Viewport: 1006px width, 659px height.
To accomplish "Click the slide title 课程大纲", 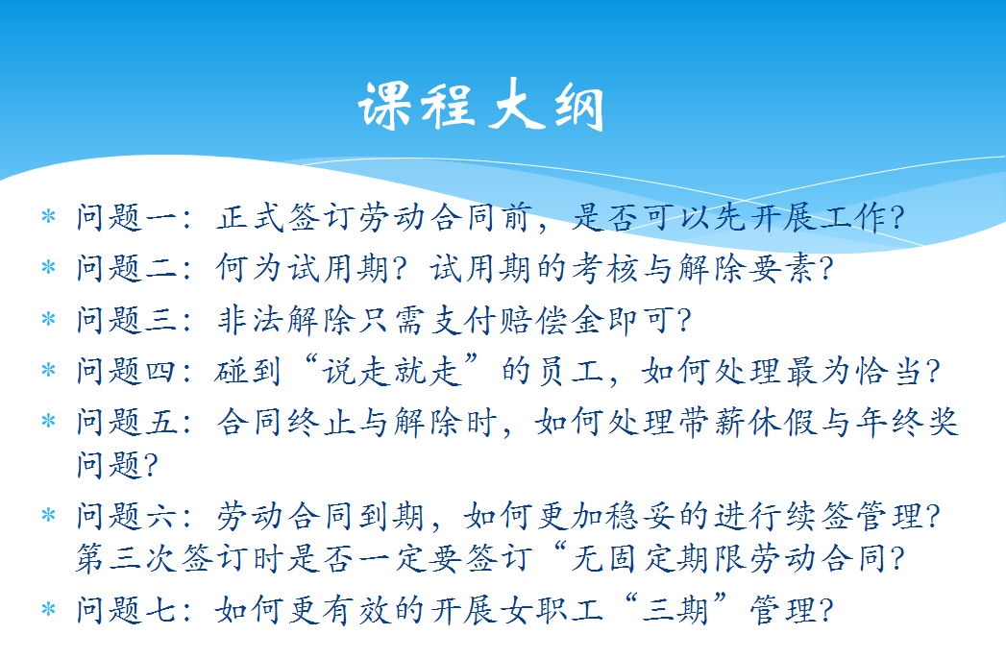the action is (481, 106).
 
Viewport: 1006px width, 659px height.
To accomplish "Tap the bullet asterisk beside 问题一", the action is (48, 216).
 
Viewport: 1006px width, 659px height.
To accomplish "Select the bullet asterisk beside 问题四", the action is (48, 370).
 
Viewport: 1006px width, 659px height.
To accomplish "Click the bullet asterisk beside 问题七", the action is (48, 609).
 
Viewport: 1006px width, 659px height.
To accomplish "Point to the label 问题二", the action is (127, 268).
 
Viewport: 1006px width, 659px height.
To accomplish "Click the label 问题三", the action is (127, 319).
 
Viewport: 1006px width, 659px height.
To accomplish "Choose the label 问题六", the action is (127, 515).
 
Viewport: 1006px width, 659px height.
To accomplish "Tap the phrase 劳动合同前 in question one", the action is (446, 217).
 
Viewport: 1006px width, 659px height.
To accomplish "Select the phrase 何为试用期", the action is (303, 268).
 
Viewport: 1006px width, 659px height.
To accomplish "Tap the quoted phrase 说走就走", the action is (392, 370).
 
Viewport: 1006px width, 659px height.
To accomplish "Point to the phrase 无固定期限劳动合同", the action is (729, 557).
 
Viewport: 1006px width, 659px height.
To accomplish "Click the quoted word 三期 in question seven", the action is (675, 609).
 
